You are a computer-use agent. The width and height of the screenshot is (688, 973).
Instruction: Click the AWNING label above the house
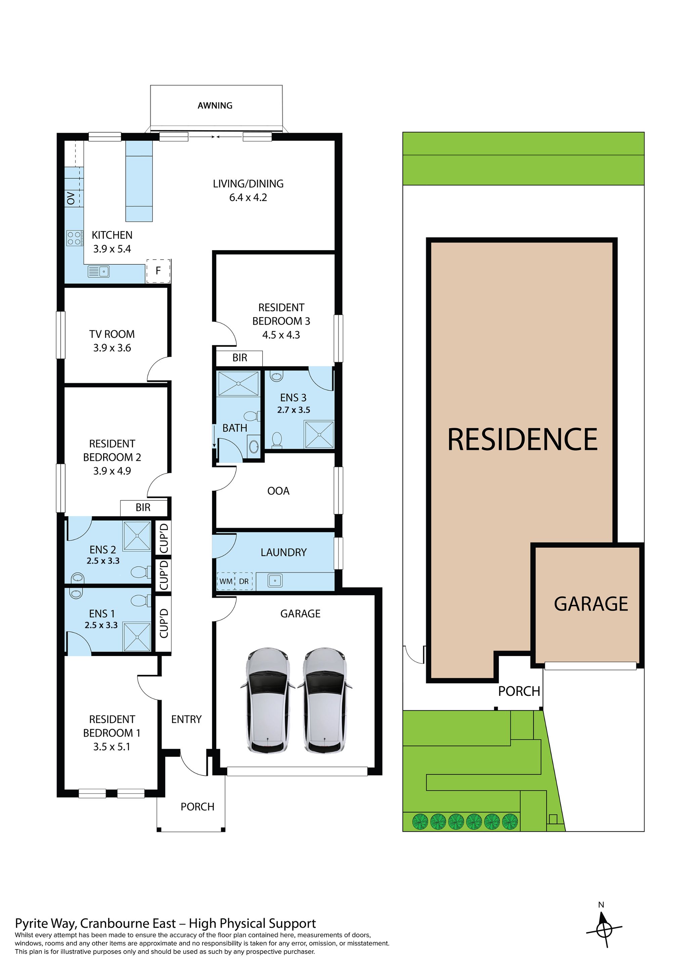pyautogui.click(x=215, y=105)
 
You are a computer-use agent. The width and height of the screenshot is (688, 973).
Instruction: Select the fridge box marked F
pyautogui.click(x=158, y=271)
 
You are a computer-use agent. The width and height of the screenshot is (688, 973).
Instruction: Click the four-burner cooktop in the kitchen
pyautogui.click(x=74, y=238)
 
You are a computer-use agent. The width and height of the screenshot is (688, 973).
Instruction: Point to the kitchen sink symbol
pyautogui.click(x=99, y=271)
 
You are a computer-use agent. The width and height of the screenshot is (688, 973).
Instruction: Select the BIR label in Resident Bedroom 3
pyautogui.click(x=240, y=358)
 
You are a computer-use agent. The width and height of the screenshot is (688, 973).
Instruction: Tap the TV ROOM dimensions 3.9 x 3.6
pyautogui.click(x=112, y=348)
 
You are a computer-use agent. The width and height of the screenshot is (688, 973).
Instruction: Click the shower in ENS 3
pyautogui.click(x=319, y=434)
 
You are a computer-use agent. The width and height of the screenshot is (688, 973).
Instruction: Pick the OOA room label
pyautogui.click(x=278, y=491)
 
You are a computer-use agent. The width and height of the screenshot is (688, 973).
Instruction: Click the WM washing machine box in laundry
pyautogui.click(x=225, y=581)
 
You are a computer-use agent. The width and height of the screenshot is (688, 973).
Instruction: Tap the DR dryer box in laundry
pyautogui.click(x=244, y=581)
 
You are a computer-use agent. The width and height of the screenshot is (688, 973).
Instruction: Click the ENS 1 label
pyautogui.click(x=101, y=614)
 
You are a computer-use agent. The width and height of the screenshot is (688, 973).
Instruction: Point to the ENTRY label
pyautogui.click(x=186, y=719)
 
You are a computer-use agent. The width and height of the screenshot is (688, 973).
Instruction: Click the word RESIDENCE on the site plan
pyautogui.click(x=522, y=439)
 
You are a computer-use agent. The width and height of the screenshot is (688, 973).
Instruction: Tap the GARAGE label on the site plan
pyautogui.click(x=591, y=604)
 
